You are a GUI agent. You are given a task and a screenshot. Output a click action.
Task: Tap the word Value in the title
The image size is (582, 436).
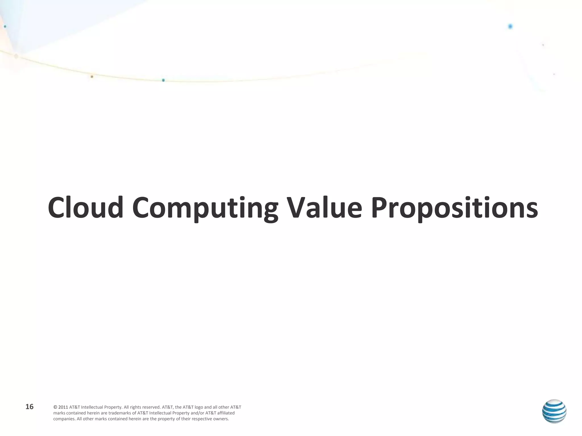pos(324,208)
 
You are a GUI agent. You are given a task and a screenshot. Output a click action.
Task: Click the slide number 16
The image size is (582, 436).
pos(30,407)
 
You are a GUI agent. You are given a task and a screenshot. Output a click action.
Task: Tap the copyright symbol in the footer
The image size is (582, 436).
pos(55,407)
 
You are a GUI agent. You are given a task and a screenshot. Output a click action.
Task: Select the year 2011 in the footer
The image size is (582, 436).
pos(63,407)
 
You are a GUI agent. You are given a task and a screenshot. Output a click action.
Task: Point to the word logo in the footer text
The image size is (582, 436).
pos(199,407)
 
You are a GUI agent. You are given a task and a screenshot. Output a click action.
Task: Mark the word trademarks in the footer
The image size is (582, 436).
pos(120,413)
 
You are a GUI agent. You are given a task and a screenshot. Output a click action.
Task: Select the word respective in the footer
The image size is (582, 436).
pos(201,419)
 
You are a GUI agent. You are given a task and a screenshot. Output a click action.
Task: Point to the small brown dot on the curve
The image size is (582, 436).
pos(92,77)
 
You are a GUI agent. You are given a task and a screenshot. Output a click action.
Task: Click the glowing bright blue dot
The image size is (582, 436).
pos(510,26)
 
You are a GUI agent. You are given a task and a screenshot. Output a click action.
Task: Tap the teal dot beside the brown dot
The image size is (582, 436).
pos(163,80)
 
